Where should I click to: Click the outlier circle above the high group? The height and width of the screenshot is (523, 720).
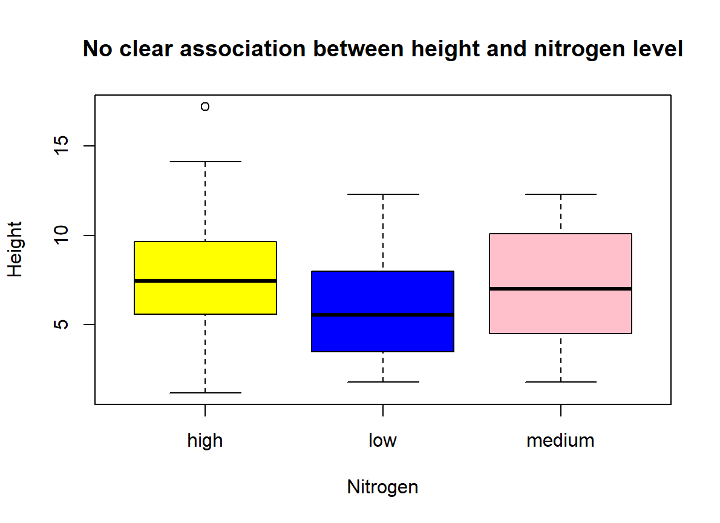pyautogui.click(x=205, y=107)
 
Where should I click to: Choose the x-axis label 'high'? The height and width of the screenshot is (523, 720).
pyautogui.click(x=205, y=441)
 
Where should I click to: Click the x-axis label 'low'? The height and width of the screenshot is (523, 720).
pyautogui.click(x=383, y=441)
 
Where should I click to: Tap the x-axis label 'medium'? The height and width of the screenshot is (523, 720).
pyautogui.click(x=561, y=441)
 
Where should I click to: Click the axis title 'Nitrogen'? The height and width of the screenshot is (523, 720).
pyautogui.click(x=383, y=487)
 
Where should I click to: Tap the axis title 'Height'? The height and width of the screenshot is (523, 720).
pyautogui.click(x=15, y=249)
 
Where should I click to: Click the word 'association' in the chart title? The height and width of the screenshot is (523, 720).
pyautogui.click(x=235, y=49)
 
